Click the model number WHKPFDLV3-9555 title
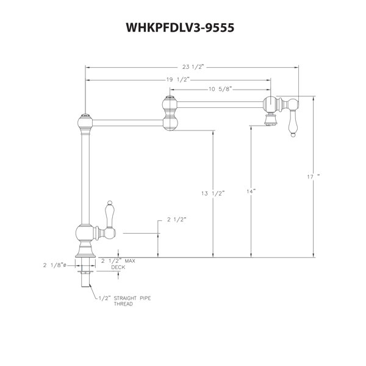pos(180,27)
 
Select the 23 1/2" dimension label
pos(193,67)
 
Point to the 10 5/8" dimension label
pos(220,89)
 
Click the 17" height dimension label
pos(314,177)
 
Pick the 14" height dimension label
pos(251,192)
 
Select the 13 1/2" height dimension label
pos(213,193)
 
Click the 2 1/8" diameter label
pos(55,265)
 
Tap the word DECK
pos(118,267)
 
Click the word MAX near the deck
pos(130,260)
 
